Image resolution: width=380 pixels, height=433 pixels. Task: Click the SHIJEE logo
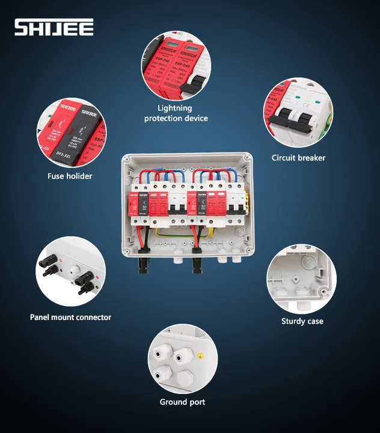pyautogui.click(x=54, y=27)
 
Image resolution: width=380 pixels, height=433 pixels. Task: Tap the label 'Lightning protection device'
pyautogui.click(x=176, y=113)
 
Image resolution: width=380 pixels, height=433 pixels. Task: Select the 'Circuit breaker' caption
pyautogui.click(x=298, y=158)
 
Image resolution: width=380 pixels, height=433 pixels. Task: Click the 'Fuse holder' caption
pyautogui.click(x=70, y=176)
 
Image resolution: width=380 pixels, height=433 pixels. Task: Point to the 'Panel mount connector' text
pyautogui.click(x=70, y=317)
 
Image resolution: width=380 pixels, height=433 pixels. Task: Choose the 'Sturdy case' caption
pyautogui.click(x=302, y=321)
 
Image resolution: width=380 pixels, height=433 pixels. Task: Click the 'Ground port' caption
pyautogui.click(x=182, y=402)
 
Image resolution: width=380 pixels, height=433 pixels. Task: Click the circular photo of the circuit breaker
pyautogui.click(x=298, y=112)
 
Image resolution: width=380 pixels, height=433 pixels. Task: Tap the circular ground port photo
pyautogui.click(x=182, y=359)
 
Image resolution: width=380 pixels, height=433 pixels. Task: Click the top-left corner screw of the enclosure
pyautogui.click(x=127, y=159)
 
